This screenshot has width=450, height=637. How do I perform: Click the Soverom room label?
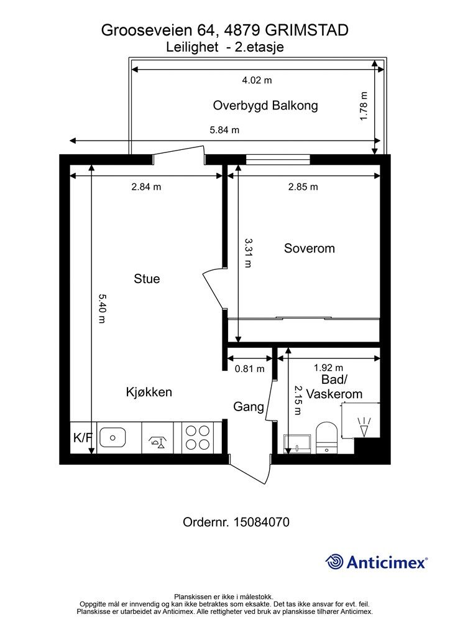309,248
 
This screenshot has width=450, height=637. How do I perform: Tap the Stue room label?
147,279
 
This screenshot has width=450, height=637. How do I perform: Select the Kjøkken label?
149,392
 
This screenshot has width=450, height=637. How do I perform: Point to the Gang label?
249,407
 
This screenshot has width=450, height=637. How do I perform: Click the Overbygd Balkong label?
265,106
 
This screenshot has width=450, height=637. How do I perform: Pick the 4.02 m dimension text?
257,80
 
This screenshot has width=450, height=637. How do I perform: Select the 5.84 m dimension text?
224,130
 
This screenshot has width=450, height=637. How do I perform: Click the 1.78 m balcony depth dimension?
364,106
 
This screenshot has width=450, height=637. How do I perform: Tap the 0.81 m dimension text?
249,369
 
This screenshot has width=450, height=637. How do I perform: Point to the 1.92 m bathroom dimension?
328,368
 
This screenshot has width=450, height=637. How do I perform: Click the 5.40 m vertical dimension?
102,309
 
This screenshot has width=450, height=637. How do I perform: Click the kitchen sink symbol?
112,437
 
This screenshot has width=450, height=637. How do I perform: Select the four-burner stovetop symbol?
197,437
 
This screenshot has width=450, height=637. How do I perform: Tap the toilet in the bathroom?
327,437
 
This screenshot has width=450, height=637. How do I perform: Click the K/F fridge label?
83,437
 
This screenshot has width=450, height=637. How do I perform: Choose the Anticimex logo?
376,562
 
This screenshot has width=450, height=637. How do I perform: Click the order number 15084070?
262,522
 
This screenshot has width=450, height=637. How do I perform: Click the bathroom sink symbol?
298,444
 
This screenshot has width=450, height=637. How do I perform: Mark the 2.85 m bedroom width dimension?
303,187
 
